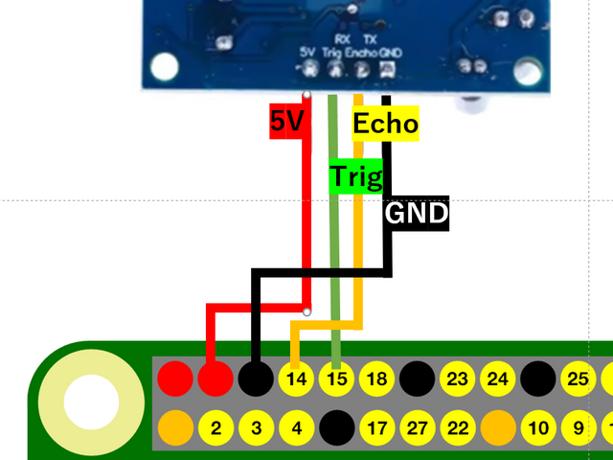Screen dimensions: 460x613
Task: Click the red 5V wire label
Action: click(286, 121)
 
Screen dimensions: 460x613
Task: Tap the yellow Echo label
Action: click(385, 125)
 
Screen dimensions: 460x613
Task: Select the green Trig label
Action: click(355, 177)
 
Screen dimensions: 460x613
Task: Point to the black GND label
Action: click(417, 213)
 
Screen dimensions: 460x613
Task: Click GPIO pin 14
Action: click(296, 379)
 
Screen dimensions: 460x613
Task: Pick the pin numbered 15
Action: click(336, 379)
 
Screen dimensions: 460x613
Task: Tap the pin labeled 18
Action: click(376, 379)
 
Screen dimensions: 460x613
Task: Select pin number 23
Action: click(457, 379)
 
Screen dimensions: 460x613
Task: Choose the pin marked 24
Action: click(497, 379)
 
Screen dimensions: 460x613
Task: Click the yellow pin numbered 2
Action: click(216, 426)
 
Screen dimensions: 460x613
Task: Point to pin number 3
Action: click(256, 426)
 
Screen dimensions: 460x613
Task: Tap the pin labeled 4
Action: click(296, 426)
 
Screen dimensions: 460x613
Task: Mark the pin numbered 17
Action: click(376, 426)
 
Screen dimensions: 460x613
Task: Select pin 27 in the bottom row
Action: click(417, 426)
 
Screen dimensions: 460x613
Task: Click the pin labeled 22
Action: click(457, 426)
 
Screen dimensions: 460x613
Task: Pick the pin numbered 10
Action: click(537, 426)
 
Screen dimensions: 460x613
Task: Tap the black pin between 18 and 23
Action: click(417, 379)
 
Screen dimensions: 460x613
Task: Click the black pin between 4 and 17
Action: click(336, 426)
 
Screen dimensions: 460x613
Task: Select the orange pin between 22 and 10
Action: click(497, 426)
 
